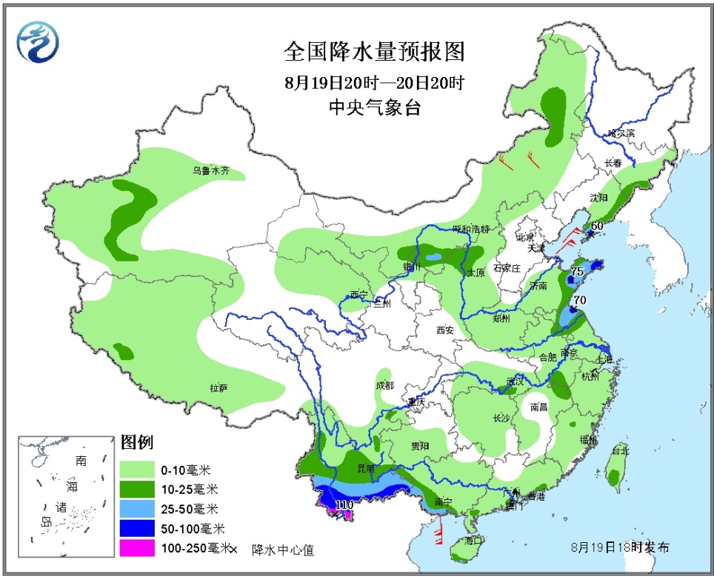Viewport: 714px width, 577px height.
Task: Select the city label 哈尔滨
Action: tap(621, 133)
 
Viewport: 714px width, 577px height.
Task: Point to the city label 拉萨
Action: tap(218, 387)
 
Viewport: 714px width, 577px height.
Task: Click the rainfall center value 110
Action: tap(344, 504)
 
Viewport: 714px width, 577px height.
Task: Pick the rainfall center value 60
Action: tap(597, 226)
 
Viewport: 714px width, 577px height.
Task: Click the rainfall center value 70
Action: tap(580, 300)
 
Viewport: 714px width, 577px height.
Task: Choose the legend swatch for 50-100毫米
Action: tap(137, 529)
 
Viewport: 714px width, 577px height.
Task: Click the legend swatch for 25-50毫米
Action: tap(137, 509)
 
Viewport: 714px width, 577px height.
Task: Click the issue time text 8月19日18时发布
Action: tap(621, 548)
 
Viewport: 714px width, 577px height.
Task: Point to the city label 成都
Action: tap(384, 385)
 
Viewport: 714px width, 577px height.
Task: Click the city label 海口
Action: tap(473, 541)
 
